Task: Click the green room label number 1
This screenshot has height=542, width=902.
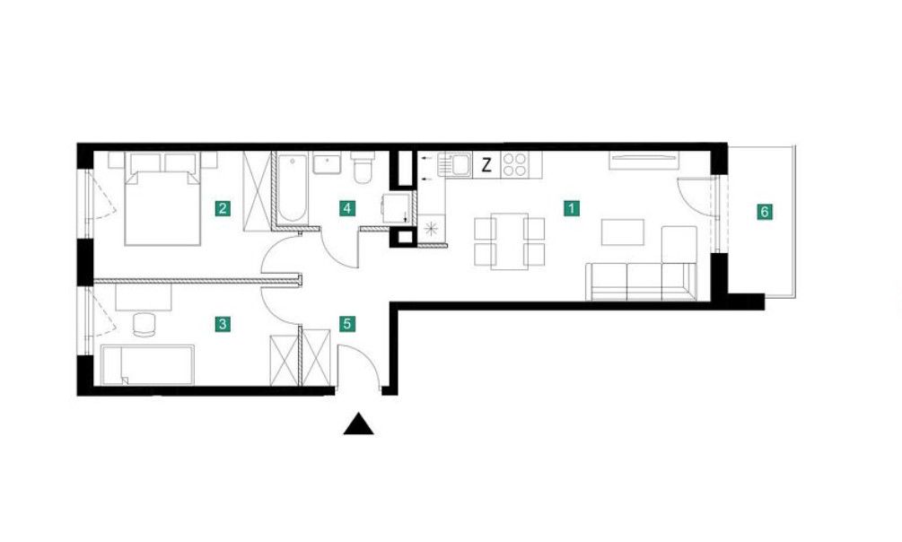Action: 571,207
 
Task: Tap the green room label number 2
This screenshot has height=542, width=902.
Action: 223,207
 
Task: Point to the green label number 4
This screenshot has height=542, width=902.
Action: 346,207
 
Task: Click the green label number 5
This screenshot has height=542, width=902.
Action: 346,324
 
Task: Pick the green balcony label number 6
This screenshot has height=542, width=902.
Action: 765,212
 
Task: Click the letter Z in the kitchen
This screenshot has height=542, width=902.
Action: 486,166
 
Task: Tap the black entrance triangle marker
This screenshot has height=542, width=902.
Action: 358,424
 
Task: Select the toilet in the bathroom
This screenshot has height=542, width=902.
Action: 363,167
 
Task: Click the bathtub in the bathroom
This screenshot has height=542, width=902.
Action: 293,188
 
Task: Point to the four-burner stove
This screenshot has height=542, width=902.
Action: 515,164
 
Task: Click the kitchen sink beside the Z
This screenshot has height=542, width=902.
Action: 455,164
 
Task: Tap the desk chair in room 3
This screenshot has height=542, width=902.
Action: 144,324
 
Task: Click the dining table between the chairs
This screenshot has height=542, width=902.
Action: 510,241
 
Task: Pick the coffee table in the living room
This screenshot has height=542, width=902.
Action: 623,232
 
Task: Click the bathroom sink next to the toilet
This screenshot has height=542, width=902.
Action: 328,162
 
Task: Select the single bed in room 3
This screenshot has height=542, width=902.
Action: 148,365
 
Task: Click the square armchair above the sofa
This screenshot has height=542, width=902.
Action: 679,245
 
